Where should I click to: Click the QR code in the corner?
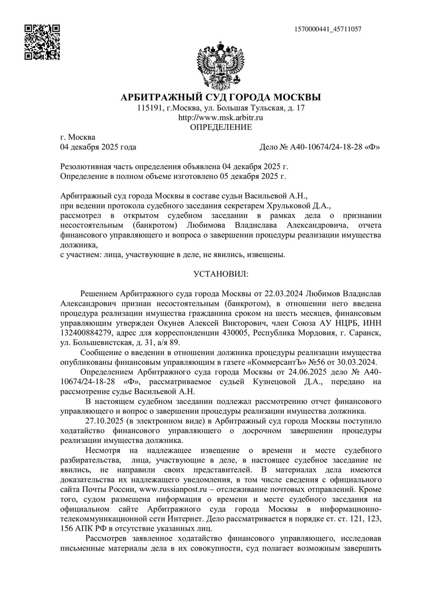point(43,42)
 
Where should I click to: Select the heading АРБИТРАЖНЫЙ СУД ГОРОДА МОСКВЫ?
point(220,98)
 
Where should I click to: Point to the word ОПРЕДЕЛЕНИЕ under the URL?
point(220,127)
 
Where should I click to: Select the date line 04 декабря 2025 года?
point(99,147)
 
